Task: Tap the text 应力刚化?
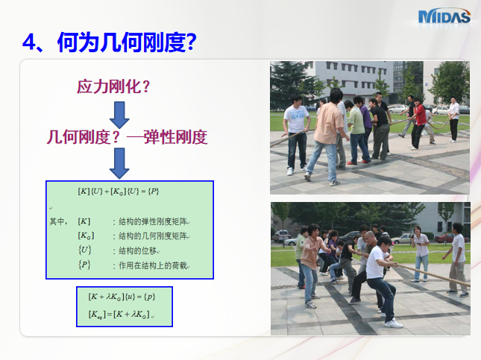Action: (113, 86)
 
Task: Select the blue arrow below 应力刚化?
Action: (119, 113)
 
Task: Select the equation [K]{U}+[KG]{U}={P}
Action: (119, 191)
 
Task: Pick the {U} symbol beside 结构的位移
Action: (84, 250)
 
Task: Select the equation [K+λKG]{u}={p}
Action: (124, 297)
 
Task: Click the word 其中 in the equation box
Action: (57, 221)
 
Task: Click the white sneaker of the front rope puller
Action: (393, 323)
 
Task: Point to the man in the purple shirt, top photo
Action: (365, 119)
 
